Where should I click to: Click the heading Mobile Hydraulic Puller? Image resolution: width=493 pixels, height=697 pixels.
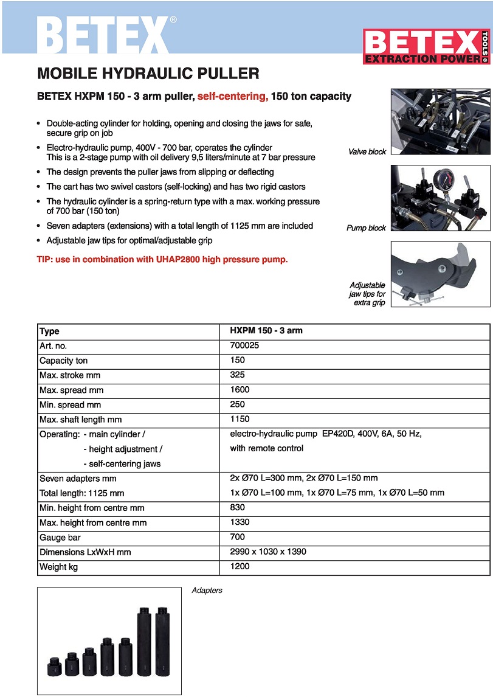click(148, 74)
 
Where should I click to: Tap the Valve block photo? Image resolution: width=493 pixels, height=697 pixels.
click(440, 122)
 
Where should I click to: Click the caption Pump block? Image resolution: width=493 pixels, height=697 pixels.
click(366, 228)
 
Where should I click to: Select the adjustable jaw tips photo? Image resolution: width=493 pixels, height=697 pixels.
click(440, 274)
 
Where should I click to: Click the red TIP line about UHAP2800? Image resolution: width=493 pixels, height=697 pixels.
click(162, 259)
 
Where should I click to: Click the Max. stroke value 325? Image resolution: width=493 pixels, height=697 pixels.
click(237, 375)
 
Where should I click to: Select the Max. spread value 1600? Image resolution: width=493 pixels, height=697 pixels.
click(240, 390)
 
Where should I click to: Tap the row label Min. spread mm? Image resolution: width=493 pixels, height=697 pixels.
click(70, 404)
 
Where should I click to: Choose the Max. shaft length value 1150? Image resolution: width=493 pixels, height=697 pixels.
click(240, 419)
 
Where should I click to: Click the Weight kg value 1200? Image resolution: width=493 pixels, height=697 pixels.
click(240, 567)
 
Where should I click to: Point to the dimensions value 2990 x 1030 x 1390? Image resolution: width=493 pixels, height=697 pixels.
click(268, 552)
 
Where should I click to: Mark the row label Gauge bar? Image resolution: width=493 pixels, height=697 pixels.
click(60, 538)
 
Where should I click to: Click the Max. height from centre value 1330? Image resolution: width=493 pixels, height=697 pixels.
click(240, 522)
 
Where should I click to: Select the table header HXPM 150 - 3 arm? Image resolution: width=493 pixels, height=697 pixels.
click(266, 331)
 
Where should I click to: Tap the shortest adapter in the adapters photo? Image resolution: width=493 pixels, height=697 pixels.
click(55, 668)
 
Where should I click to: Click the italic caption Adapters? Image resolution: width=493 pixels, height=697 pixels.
click(207, 591)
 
